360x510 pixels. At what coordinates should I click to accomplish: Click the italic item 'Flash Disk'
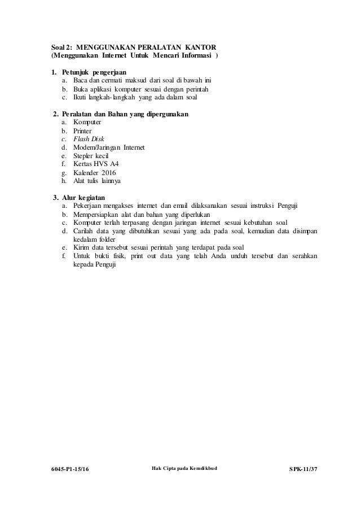85,139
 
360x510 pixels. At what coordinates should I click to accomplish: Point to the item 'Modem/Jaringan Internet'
106,147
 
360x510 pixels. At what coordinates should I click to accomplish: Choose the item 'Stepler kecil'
87,156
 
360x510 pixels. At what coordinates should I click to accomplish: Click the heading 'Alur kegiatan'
87,197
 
